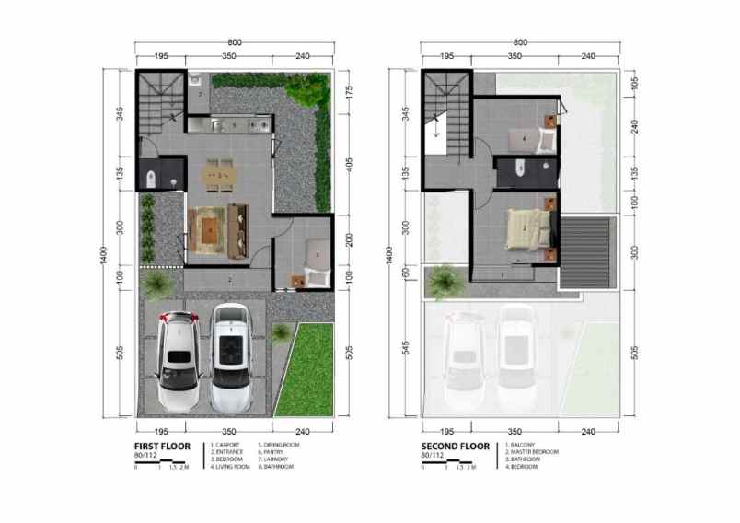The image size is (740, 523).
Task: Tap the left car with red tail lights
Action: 178,359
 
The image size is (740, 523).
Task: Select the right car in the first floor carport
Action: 231,357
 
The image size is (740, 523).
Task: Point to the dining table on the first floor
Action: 219,173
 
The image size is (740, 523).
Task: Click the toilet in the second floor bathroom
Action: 519,169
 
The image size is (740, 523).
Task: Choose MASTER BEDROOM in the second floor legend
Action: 538,452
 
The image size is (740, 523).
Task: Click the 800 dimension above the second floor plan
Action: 520,42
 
